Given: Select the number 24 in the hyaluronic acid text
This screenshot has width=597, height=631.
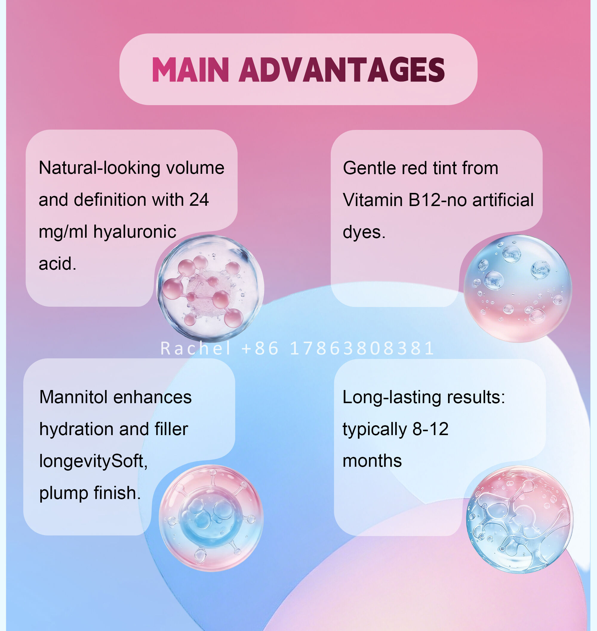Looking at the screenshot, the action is (x=199, y=199).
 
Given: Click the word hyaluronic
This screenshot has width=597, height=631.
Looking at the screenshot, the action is (x=135, y=232).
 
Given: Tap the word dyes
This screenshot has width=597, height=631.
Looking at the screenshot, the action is (x=364, y=232).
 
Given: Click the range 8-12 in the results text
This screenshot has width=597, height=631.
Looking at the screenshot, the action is (x=430, y=429).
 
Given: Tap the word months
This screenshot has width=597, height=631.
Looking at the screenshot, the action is (x=372, y=461).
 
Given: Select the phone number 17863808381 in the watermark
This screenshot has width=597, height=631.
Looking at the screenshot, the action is (x=362, y=348).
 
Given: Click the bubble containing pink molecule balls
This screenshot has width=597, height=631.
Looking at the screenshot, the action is (x=210, y=288).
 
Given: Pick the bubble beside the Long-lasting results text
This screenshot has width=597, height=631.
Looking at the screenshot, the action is (x=519, y=520).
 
